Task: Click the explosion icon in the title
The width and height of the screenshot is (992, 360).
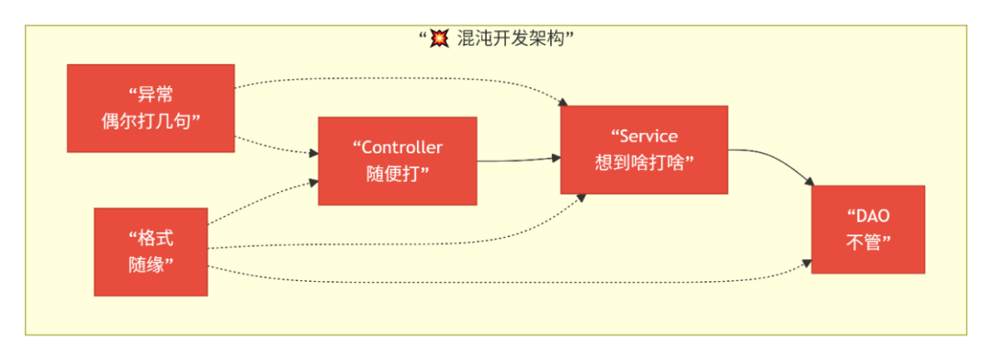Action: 441,39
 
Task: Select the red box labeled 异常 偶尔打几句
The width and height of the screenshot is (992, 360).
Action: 150,107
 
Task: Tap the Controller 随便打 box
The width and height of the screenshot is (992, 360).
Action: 397,161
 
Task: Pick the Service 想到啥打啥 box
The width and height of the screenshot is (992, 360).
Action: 643,150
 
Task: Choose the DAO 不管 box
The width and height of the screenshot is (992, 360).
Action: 867,230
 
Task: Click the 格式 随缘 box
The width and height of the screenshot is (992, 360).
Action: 151,252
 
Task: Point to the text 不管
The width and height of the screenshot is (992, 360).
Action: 867,242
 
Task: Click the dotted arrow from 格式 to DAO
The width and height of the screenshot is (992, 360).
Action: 505,280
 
